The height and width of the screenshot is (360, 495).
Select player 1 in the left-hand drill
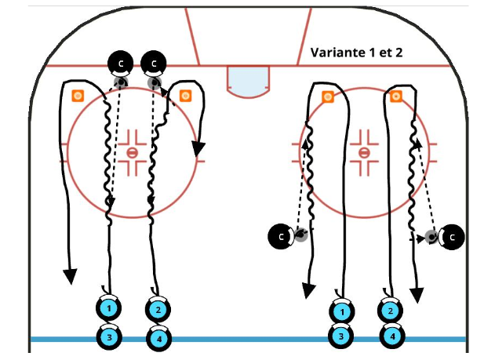click(x=109, y=310)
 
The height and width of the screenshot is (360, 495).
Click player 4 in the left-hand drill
click(x=158, y=338)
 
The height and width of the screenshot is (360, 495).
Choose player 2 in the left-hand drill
click(x=158, y=310)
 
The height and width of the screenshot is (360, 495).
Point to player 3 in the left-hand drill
click(x=109, y=338)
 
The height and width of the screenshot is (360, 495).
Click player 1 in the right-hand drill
click(x=342, y=311)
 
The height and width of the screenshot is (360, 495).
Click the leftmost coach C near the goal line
click(x=121, y=62)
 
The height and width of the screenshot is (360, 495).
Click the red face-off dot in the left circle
click(x=133, y=151)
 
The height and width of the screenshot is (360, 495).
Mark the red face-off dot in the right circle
click(x=364, y=151)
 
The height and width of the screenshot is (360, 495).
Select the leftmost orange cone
click(x=78, y=96)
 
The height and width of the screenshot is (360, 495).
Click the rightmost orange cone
click(x=396, y=96)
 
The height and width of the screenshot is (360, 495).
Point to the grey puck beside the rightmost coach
click(x=431, y=235)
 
